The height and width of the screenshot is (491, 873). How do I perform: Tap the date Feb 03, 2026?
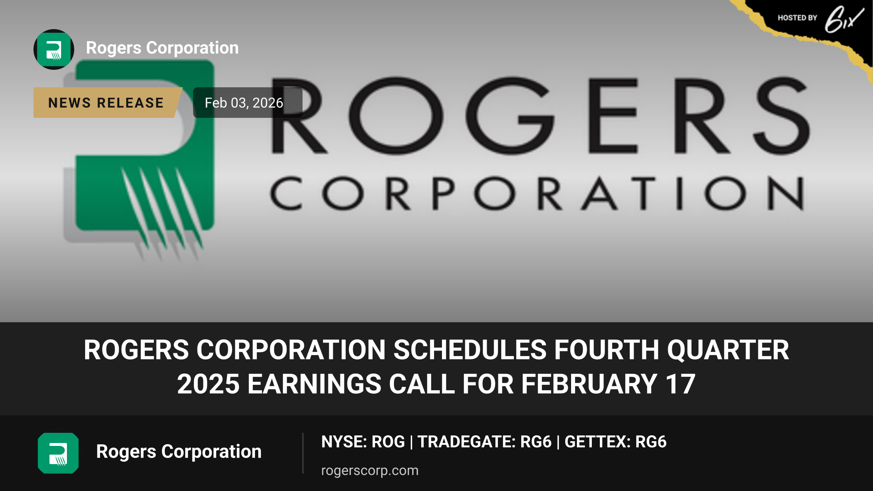point(244,103)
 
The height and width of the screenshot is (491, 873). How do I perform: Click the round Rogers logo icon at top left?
point(54,49)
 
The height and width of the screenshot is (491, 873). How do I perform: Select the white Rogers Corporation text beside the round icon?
point(162,48)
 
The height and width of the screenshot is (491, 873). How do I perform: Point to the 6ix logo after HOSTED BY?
point(844,19)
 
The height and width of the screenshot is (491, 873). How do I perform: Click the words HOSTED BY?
point(797,18)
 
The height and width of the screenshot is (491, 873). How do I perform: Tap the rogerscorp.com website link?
point(370,470)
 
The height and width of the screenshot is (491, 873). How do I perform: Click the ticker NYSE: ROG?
point(363,442)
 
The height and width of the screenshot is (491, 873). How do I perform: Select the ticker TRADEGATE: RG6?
point(485,442)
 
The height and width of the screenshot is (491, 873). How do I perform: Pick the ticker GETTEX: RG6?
point(615,442)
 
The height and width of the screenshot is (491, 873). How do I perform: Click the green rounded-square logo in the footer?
point(58,453)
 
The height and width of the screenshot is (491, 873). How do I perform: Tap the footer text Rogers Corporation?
point(179,452)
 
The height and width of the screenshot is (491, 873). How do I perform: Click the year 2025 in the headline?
point(208,384)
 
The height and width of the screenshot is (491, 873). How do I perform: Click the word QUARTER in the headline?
point(728,350)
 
